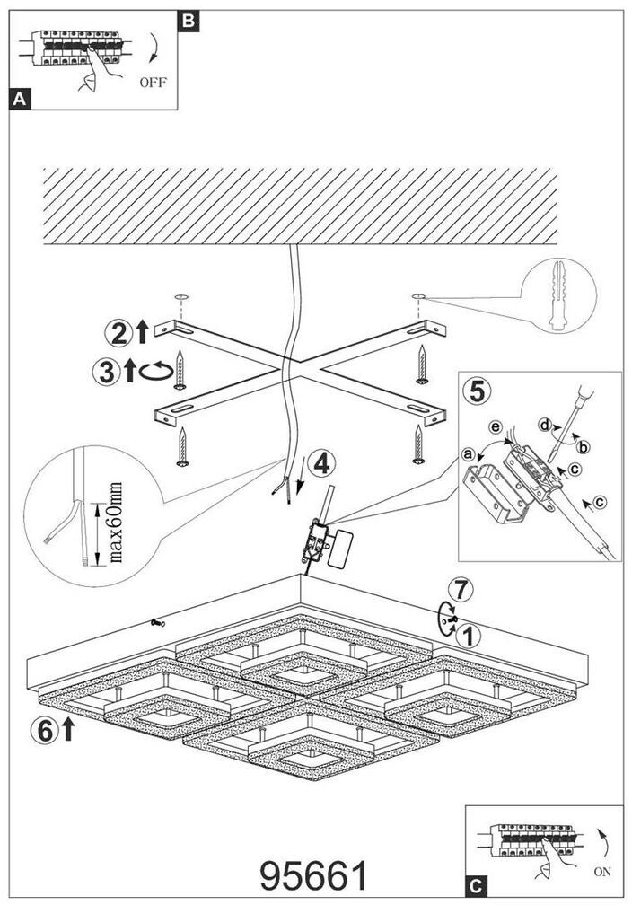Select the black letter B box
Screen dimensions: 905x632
click(x=188, y=19)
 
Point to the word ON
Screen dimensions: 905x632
click(x=602, y=872)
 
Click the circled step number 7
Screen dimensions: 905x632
click(x=460, y=591)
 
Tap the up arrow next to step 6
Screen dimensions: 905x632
click(x=67, y=731)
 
